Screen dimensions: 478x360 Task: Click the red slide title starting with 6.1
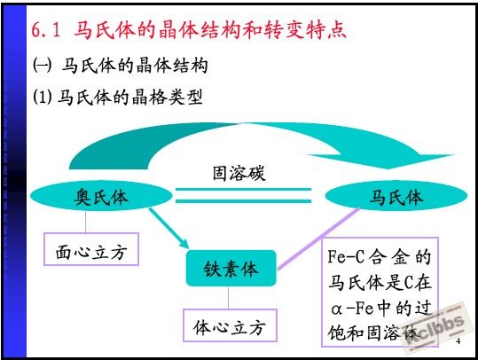point(189,30)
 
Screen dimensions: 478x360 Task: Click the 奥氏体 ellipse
point(101,196)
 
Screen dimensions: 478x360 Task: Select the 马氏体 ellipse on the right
point(396,196)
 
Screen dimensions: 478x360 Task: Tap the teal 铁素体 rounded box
point(231,269)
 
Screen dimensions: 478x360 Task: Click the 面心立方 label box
point(91,249)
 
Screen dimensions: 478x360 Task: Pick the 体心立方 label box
point(230,325)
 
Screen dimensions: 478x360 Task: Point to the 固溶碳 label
point(239,173)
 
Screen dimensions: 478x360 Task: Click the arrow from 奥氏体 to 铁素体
point(168,228)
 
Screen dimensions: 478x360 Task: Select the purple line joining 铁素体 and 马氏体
point(319,239)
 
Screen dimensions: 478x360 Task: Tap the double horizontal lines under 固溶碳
point(243,195)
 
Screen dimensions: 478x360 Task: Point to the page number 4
point(458,341)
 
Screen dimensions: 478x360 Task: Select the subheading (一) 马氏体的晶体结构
point(120,66)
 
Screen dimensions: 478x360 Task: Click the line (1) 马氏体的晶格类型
point(118,98)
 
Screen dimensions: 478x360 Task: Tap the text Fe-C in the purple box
point(346,256)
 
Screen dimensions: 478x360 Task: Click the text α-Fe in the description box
point(352,308)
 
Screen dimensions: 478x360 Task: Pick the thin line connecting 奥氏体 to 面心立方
point(86,223)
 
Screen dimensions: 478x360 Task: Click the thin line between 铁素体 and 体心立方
point(228,298)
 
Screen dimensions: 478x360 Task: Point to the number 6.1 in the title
point(46,30)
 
